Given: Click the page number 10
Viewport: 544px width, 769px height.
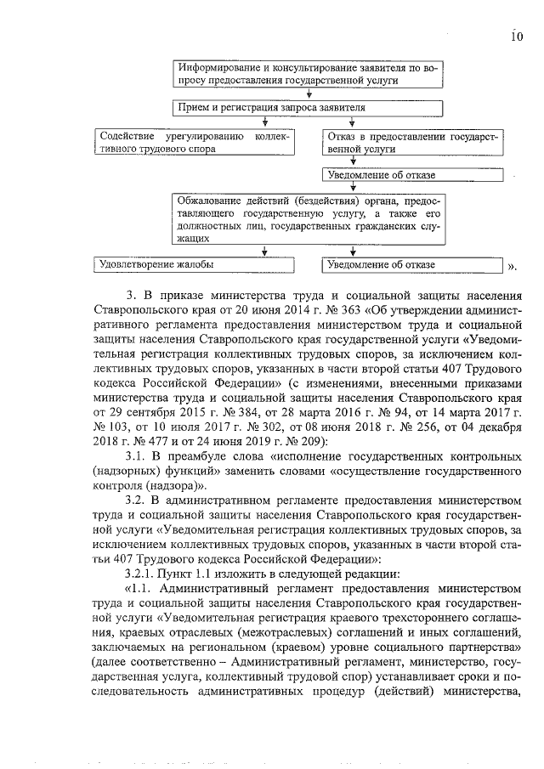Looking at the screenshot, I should click(516, 37).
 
